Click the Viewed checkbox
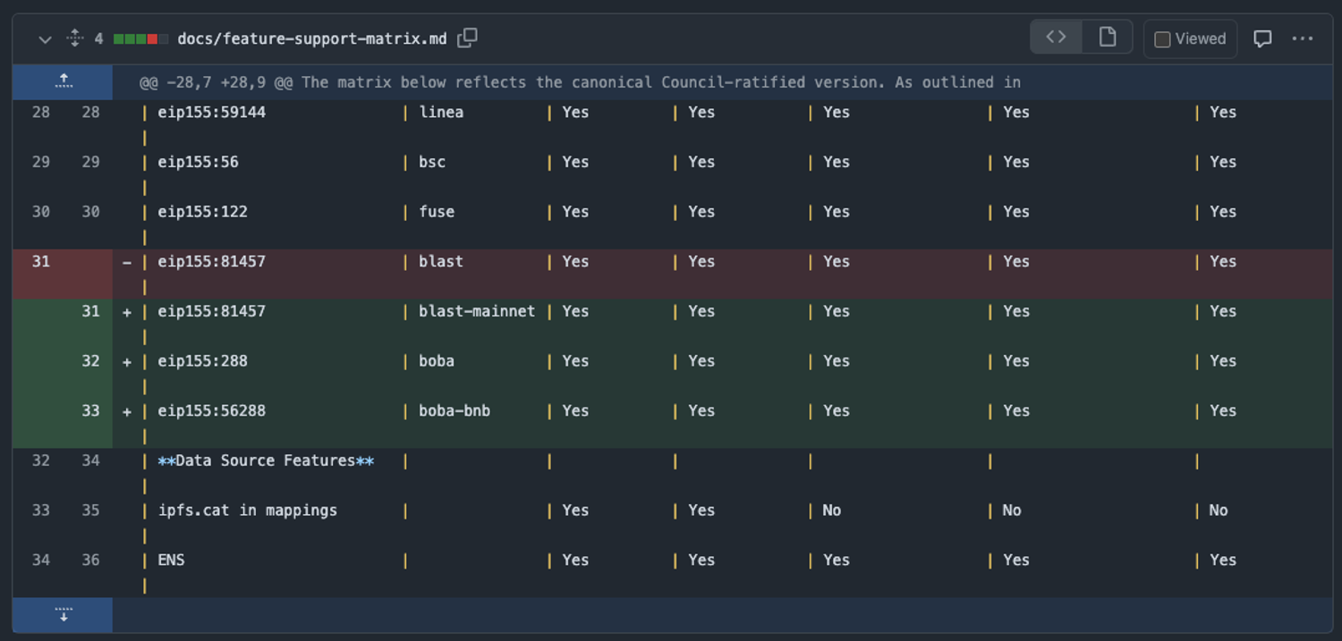(1162, 39)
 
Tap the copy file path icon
(467, 38)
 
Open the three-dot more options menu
(1302, 38)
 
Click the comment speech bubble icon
(1262, 38)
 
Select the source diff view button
(1057, 38)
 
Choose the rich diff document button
(1107, 38)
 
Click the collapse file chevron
(45, 39)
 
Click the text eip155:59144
(211, 113)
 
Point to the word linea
(441, 113)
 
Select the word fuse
(437, 212)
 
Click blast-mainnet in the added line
(477, 311)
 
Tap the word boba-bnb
(454, 411)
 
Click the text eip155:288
(202, 361)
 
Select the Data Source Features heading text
(266, 461)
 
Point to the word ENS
(171, 561)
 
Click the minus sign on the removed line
(127, 263)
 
